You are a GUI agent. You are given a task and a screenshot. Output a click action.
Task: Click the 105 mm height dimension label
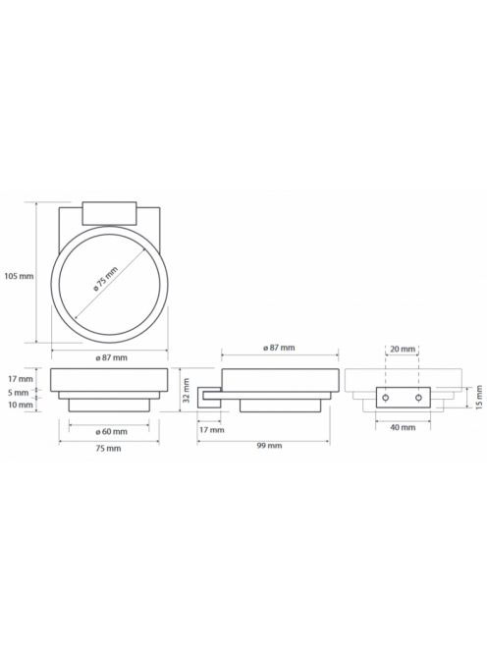point(19,276)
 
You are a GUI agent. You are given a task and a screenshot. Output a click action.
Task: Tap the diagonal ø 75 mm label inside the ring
point(106,279)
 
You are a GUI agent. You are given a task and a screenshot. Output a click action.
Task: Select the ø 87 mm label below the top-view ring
point(112,357)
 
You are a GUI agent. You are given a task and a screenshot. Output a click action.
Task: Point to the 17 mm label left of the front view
point(20,379)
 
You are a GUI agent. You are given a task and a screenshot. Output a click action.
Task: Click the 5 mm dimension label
point(18,393)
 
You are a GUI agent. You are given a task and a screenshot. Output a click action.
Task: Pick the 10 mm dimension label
point(20,405)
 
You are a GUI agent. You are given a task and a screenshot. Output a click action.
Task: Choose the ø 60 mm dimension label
point(112,432)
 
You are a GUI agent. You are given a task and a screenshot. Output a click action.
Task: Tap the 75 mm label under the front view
point(108,448)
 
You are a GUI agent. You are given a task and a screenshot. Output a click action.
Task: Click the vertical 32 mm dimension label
point(187,391)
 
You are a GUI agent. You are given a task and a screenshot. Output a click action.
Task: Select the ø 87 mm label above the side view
point(279,348)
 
